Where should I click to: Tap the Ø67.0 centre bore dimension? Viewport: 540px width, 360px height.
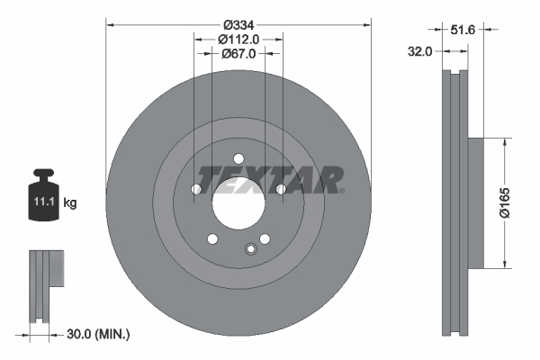click(238, 53)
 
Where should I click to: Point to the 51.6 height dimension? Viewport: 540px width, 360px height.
click(462, 30)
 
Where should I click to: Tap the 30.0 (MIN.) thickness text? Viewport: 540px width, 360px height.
click(99, 334)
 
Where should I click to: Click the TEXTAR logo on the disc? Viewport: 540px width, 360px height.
click(270, 180)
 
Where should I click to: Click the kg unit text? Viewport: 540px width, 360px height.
click(70, 203)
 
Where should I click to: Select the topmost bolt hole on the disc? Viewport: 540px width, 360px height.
click(238, 158)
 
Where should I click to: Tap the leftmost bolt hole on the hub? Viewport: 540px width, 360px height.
click(197, 189)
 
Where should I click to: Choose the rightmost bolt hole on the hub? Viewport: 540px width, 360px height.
click(281, 189)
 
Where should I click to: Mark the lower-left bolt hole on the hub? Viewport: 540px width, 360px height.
click(212, 238)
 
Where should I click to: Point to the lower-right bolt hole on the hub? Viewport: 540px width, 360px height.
click(265, 238)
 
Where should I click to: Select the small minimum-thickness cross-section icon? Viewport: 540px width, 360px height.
click(45, 283)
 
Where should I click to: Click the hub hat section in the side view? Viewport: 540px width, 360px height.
click(476, 202)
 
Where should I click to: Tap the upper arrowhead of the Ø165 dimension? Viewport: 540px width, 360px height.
click(506, 141)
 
